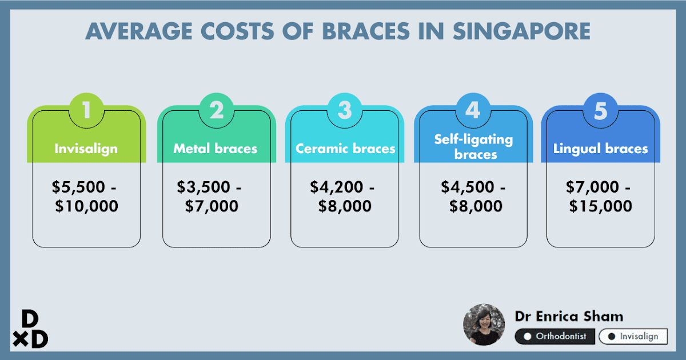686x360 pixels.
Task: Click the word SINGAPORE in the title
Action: click(521, 31)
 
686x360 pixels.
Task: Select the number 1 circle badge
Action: click(86, 110)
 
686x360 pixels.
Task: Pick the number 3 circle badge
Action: click(344, 110)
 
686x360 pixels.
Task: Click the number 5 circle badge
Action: click(600, 110)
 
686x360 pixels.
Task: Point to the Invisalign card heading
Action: click(86, 149)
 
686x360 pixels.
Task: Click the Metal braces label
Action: click(216, 149)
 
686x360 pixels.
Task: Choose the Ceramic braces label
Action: click(345, 149)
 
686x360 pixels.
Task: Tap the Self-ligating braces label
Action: click(473, 146)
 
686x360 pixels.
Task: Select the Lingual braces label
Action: click(601, 149)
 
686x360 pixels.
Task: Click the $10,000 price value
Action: click(87, 206)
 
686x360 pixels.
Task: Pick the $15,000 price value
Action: click(601, 206)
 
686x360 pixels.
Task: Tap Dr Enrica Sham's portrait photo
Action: click(484, 325)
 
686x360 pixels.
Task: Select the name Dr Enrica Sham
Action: click(569, 316)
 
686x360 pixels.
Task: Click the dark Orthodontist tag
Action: click(555, 337)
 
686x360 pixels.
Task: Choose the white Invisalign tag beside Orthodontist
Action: click(633, 337)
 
